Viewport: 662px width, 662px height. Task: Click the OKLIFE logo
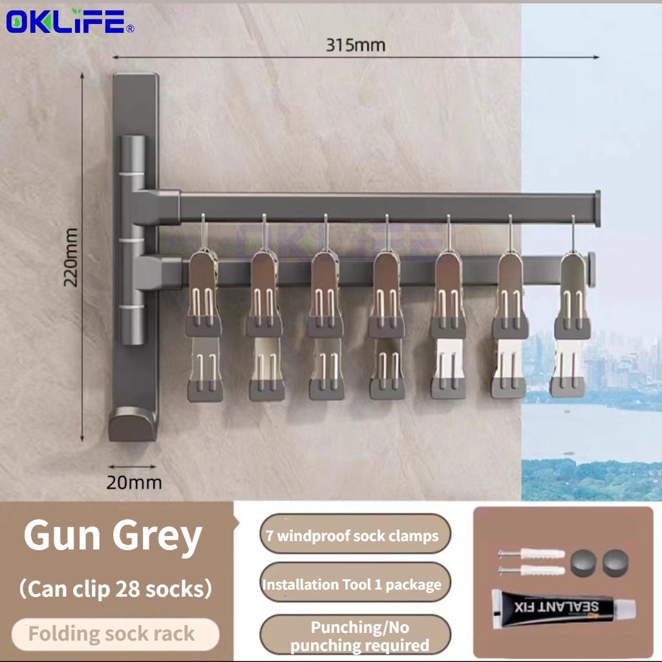pyautogui.click(x=70, y=21)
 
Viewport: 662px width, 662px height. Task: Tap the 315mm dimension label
pyautogui.click(x=356, y=45)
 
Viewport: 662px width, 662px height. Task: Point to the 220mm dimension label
pyautogui.click(x=70, y=257)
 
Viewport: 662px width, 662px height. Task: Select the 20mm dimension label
pyautogui.click(x=134, y=482)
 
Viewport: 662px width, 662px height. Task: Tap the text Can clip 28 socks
pyautogui.click(x=115, y=588)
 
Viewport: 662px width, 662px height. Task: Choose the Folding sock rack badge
pyautogui.click(x=115, y=634)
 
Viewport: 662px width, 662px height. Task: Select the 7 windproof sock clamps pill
pyautogui.click(x=355, y=535)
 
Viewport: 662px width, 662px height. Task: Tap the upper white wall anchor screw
pyautogui.click(x=531, y=553)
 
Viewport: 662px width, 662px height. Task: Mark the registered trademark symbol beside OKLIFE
pyautogui.click(x=131, y=28)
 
